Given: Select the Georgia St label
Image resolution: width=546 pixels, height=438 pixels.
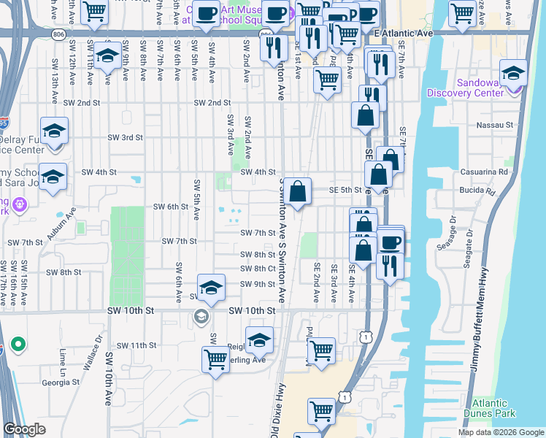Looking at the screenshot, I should click(x=61, y=382).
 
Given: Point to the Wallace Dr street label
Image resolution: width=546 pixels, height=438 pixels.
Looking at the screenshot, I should click(x=92, y=354).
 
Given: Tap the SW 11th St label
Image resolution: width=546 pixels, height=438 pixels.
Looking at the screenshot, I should click(x=138, y=345).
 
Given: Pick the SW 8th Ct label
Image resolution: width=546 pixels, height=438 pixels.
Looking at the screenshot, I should click(x=258, y=269).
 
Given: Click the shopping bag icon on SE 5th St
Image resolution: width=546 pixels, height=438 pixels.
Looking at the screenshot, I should click(x=298, y=192).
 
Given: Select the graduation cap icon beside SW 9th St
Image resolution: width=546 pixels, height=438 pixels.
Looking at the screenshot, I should click(x=210, y=287).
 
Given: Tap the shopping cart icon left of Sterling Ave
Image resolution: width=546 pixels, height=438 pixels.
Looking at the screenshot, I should click(x=216, y=359).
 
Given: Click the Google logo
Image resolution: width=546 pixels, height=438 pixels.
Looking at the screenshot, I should click(x=25, y=429).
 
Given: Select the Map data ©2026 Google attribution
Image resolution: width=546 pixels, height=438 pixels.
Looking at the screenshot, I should click(x=501, y=432).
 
